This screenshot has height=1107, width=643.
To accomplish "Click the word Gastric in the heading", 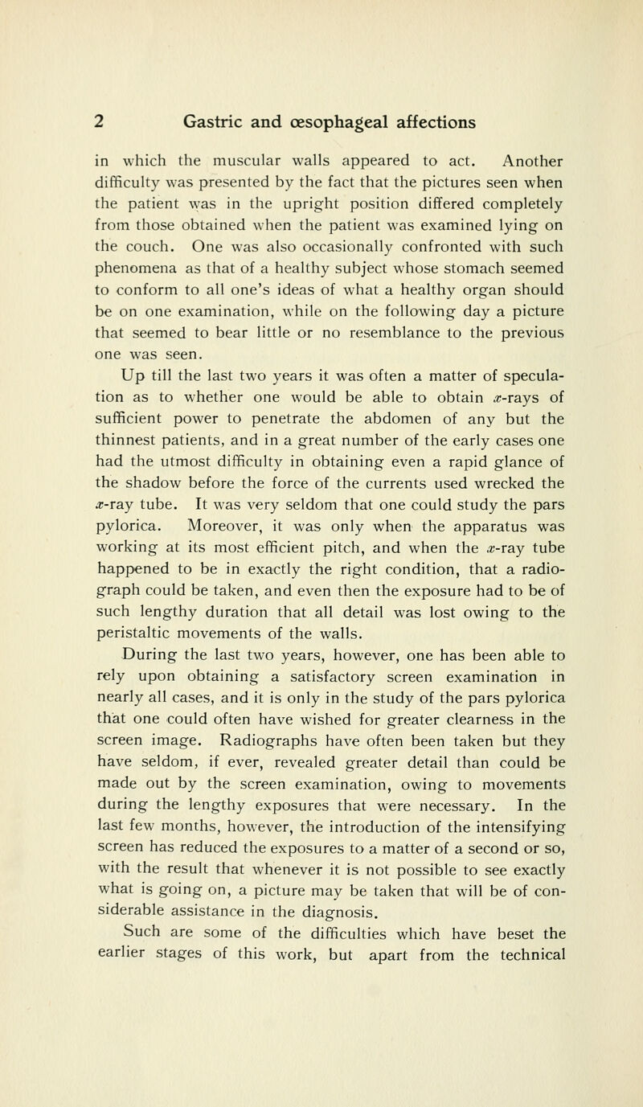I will pyautogui.click(x=219, y=121).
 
